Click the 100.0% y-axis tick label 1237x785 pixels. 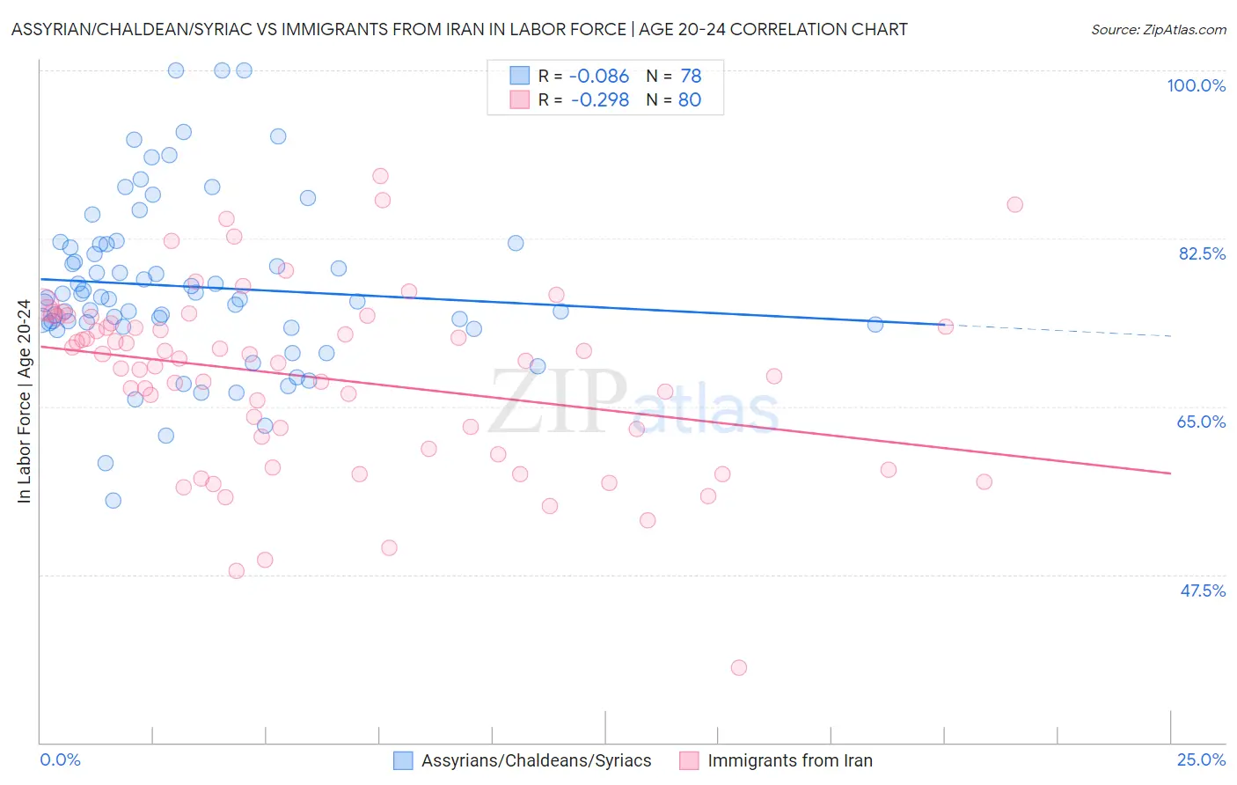pyautogui.click(x=1196, y=85)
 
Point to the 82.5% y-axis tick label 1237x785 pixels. pyautogui.click(x=1201, y=253)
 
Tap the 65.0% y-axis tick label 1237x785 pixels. pyautogui.click(x=1201, y=422)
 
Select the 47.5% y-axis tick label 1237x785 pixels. pyautogui.click(x=1202, y=591)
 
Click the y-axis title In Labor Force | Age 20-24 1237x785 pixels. pyautogui.click(x=24, y=401)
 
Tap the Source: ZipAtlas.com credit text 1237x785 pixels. pyautogui.click(x=1158, y=30)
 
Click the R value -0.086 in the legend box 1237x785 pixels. pyautogui.click(x=599, y=77)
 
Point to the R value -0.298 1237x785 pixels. pyautogui.click(x=599, y=100)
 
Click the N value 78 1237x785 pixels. pyautogui.click(x=690, y=77)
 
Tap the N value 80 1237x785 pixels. pyautogui.click(x=690, y=100)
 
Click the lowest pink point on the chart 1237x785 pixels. pyautogui.click(x=739, y=668)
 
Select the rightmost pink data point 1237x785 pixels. pyautogui.click(x=1014, y=205)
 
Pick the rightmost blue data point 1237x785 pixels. pyautogui.click(x=875, y=325)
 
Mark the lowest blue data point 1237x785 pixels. pyautogui.click(x=113, y=501)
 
